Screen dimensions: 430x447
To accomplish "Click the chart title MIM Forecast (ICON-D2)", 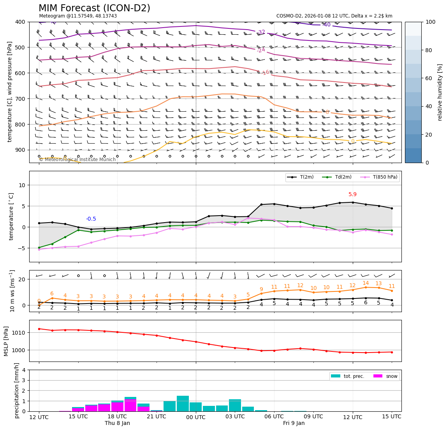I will (x=94, y=8).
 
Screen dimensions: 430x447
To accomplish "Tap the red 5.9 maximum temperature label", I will (x=352, y=195).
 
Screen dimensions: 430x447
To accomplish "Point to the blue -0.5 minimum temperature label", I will (x=91, y=219).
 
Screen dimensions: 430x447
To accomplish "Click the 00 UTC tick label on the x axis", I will (x=195, y=417).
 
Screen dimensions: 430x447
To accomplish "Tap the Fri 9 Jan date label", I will (x=294, y=423).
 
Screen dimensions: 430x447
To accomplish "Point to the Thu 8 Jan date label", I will (x=117, y=423).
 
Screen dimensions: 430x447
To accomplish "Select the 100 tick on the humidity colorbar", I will (x=430, y=22).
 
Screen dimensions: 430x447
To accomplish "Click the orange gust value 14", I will (x=366, y=283).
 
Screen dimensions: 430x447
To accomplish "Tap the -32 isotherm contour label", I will (x=261, y=32).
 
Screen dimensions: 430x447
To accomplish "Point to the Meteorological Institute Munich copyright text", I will (x=77, y=160).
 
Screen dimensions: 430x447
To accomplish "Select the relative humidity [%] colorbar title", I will (x=440, y=92).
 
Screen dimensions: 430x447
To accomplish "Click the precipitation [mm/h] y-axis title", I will (x=17, y=390).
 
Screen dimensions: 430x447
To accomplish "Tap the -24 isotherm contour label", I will (x=261, y=50).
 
